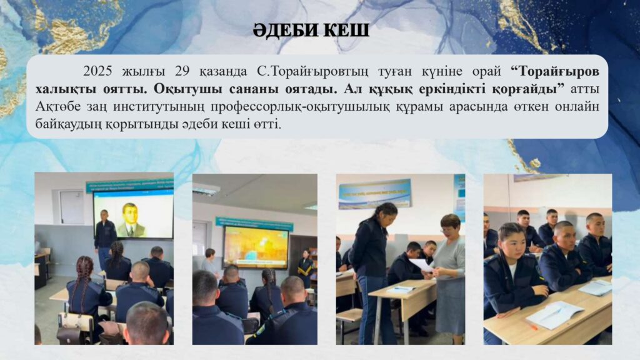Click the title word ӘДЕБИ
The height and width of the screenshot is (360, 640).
284,31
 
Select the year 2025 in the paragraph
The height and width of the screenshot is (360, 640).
98,71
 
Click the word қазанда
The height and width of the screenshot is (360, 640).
223,72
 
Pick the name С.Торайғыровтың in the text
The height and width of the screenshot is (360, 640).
312,72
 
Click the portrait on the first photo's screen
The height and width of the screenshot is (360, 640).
131,220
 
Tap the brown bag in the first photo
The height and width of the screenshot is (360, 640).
69,335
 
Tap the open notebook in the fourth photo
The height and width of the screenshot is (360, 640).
556,315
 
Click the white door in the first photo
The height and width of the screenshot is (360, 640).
72,207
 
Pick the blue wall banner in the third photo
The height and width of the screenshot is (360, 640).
374,194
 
